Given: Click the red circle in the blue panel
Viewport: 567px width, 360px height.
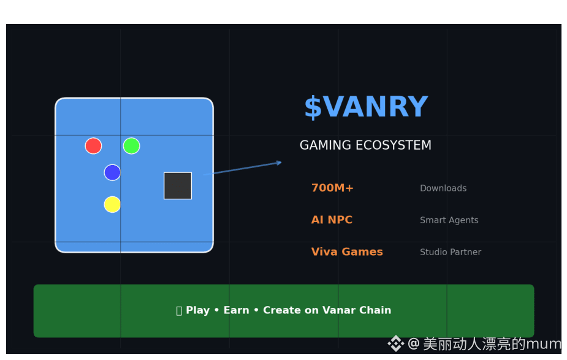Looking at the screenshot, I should (93, 146).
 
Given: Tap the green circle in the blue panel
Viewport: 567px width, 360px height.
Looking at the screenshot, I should (131, 146).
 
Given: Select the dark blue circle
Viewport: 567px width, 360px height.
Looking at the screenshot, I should (112, 172).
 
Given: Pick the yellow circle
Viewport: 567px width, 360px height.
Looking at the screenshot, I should (112, 204).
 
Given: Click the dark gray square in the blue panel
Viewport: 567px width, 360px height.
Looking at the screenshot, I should (178, 185).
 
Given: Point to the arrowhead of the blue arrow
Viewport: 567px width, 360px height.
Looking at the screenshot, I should (279, 163).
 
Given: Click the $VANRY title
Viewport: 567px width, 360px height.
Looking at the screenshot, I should (365, 107).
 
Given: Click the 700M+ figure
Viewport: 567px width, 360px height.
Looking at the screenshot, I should (332, 188).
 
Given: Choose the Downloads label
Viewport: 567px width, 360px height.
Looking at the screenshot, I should (443, 188).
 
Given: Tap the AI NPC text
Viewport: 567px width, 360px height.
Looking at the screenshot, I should (332, 220).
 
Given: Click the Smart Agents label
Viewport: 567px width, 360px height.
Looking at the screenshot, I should (449, 220).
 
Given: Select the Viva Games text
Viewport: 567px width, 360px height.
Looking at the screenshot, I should (347, 252).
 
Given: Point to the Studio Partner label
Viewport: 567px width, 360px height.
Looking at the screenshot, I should (451, 252).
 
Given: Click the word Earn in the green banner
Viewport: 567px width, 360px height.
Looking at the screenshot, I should (237, 310).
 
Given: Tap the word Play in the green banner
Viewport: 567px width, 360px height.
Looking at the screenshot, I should (198, 310).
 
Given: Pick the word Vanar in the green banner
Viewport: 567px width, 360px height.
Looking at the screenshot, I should (342, 310).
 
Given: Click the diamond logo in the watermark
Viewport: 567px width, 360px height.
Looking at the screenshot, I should (395, 343).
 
